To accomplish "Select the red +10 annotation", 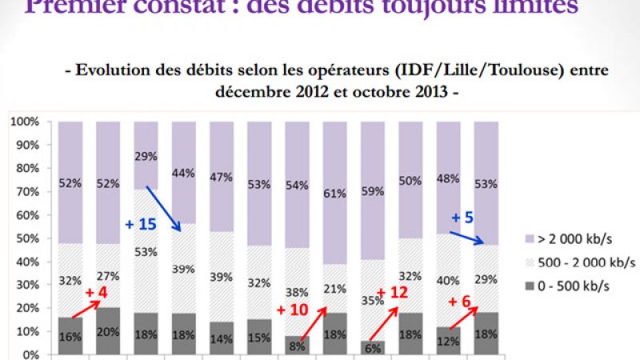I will [x=291, y=309].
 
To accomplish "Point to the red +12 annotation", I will [x=393, y=293].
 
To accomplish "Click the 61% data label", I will [x=336, y=192].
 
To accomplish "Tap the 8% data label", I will [x=298, y=346].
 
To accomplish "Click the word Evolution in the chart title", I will [x=115, y=70].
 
